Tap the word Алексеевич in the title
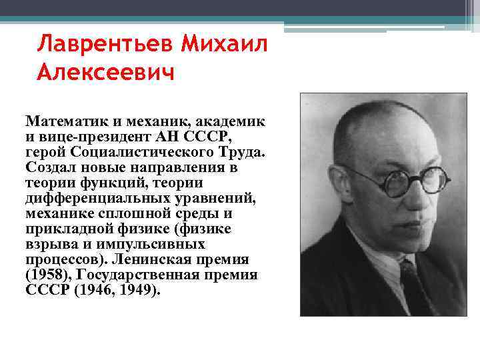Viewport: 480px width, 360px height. coord(105,71)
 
